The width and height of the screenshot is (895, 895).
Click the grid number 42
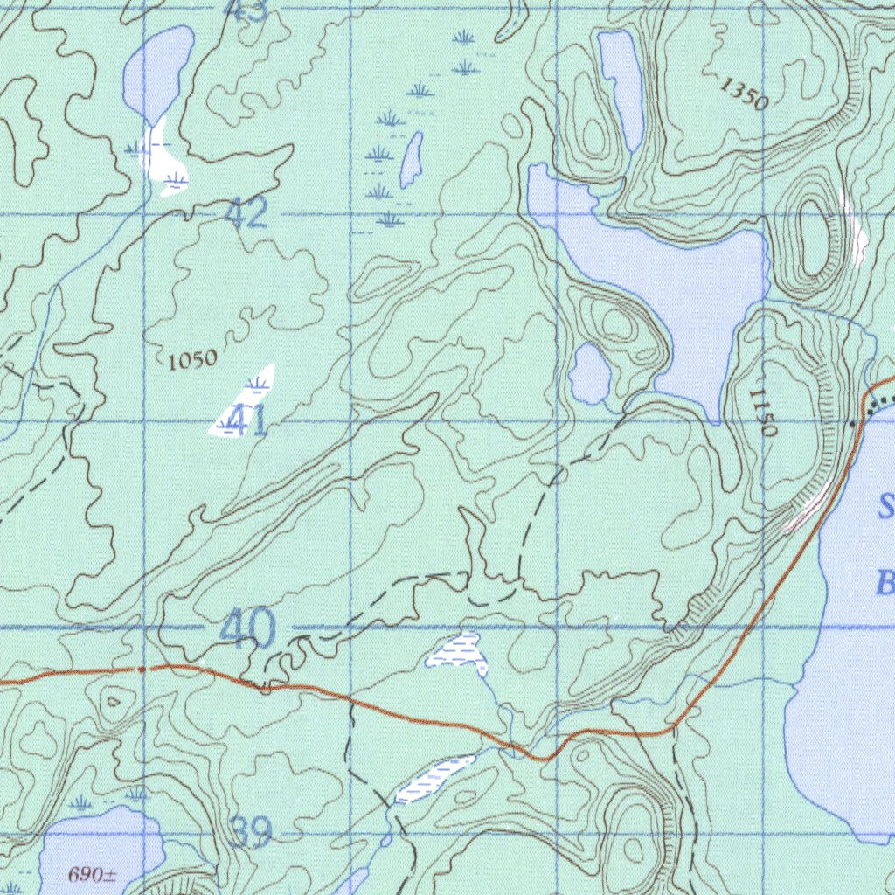[246, 214]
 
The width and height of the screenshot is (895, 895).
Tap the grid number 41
[250, 422]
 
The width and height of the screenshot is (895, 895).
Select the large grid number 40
[247, 628]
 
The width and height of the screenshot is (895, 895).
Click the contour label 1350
[744, 93]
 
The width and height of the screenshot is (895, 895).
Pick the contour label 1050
[191, 359]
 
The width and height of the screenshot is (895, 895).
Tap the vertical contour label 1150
[762, 413]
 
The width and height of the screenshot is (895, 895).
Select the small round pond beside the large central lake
[590, 374]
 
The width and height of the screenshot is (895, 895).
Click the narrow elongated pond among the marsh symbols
[411, 160]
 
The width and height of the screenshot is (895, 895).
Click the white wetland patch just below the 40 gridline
[458, 652]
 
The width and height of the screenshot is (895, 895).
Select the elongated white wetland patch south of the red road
[434, 779]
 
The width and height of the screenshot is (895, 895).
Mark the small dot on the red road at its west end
[141, 669]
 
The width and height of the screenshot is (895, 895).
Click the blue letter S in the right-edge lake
[886, 506]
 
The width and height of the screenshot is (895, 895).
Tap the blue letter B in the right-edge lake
[885, 583]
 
